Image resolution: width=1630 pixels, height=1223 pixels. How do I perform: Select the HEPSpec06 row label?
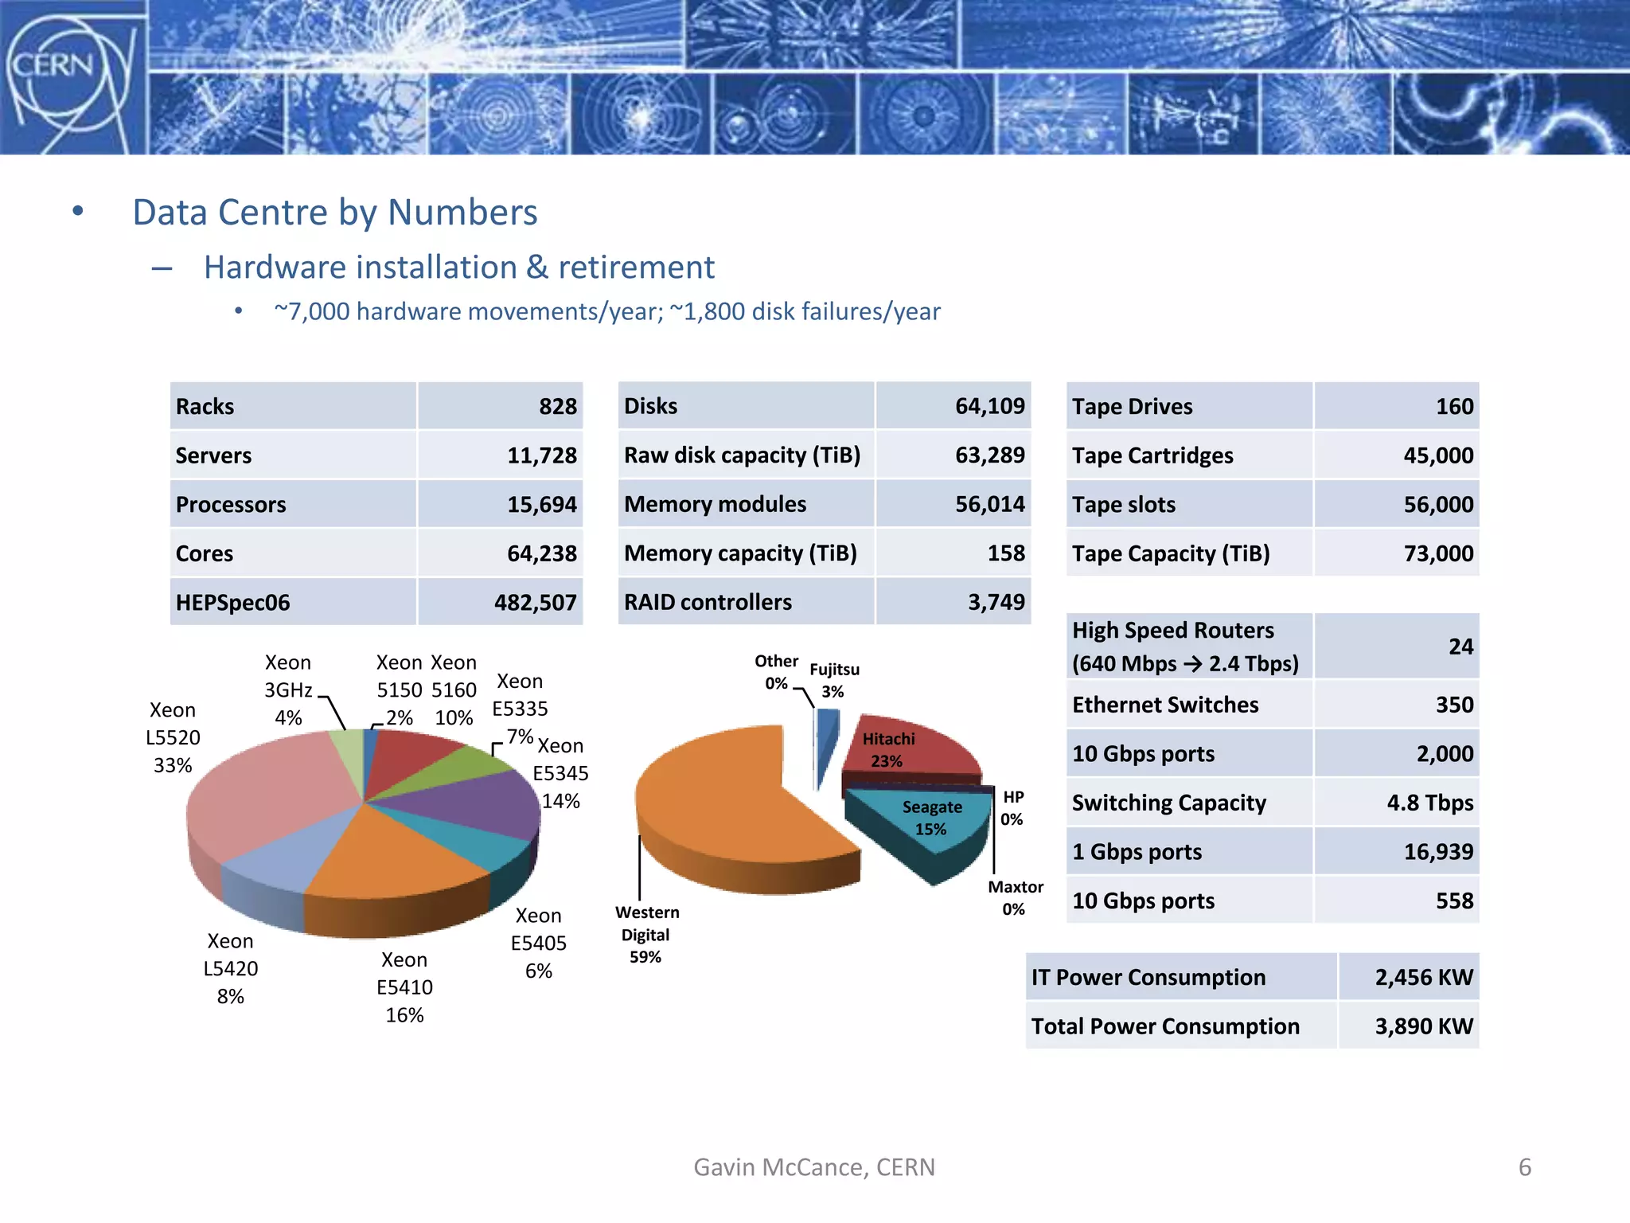click(x=232, y=603)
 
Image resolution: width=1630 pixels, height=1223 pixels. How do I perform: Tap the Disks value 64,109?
click(x=989, y=406)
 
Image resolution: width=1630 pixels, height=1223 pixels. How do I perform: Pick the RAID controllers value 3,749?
click(x=996, y=602)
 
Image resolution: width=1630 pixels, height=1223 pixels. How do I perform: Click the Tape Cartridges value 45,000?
click(x=1437, y=455)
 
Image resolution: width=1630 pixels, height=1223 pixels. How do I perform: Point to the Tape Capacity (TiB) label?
click(x=1170, y=553)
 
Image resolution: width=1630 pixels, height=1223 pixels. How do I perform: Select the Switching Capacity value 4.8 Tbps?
click(x=1429, y=803)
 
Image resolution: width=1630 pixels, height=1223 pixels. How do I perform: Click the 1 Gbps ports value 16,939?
click(x=1437, y=852)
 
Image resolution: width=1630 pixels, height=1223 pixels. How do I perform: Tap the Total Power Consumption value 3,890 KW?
click(x=1423, y=1026)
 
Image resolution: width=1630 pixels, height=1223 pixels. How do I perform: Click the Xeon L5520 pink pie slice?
click(x=263, y=796)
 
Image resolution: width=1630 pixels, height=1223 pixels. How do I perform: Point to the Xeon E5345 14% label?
click(x=560, y=773)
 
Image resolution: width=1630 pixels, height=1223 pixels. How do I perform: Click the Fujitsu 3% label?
click(x=834, y=680)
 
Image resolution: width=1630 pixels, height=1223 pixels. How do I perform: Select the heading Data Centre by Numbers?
click(x=334, y=213)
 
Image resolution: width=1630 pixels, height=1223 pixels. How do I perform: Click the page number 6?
click(x=1524, y=1167)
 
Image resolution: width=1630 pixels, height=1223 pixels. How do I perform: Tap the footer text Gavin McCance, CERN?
click(x=814, y=1167)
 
